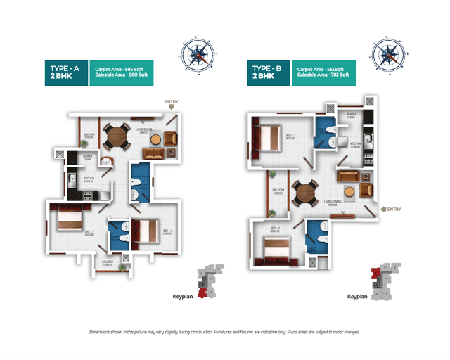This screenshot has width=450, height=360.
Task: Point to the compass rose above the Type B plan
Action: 388,53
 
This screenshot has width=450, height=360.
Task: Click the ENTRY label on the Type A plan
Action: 172,102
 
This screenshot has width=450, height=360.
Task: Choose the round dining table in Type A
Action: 115,136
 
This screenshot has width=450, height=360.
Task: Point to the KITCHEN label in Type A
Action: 89,179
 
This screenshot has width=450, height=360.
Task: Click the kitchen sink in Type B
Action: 366,134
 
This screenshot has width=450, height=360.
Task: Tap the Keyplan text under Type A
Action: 182,297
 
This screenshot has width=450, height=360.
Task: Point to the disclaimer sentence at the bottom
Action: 225,331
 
